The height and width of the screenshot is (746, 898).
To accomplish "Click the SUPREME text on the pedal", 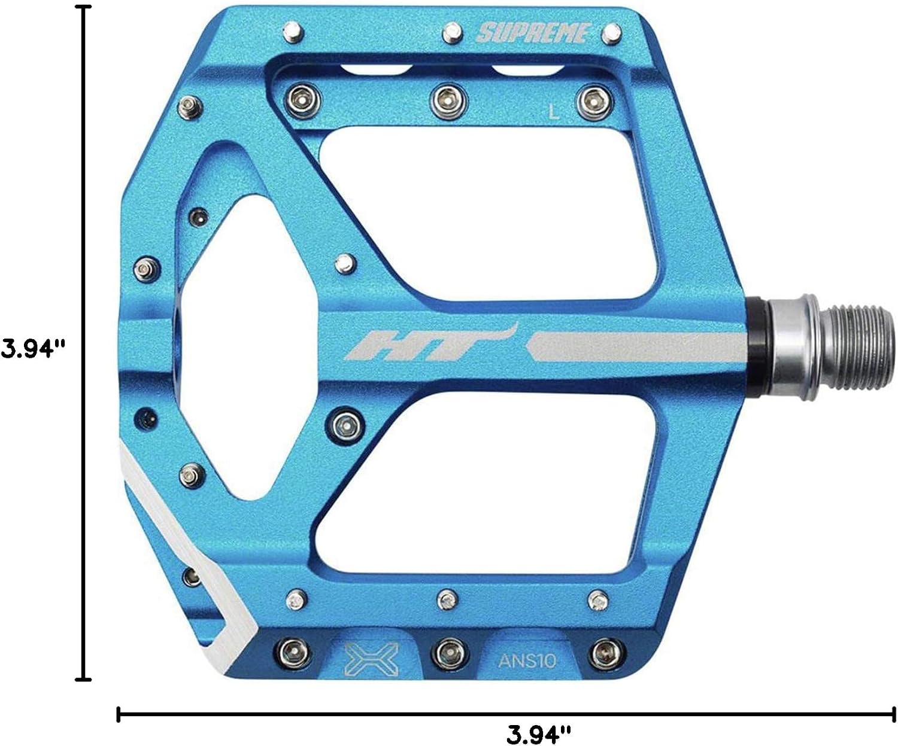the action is coord(532,34).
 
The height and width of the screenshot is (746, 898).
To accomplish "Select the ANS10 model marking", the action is coord(527,660).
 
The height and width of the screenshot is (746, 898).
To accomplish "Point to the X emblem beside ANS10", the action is coord(371,659).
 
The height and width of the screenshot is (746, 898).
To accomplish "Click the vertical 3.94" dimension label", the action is coord(33,348).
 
